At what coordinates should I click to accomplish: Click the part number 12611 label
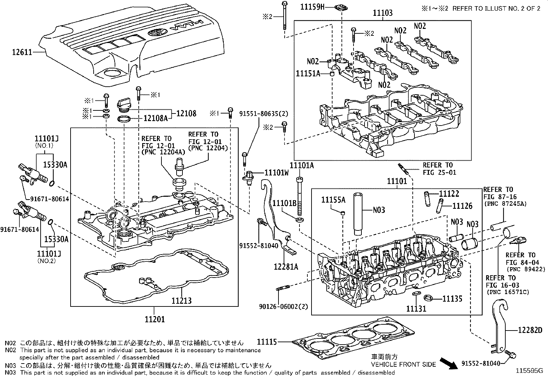(22, 52)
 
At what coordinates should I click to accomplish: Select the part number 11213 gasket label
(181, 301)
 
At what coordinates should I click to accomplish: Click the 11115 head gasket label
(267, 342)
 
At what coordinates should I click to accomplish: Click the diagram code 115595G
(529, 371)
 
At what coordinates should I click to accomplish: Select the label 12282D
(530, 331)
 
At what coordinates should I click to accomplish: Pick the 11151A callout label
(308, 73)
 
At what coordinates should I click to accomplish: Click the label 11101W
(277, 173)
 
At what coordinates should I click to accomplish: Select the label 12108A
(155, 119)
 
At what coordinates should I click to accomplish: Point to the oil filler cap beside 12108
(124, 105)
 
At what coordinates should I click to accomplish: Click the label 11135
(452, 299)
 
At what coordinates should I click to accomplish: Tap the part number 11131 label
(416, 309)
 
